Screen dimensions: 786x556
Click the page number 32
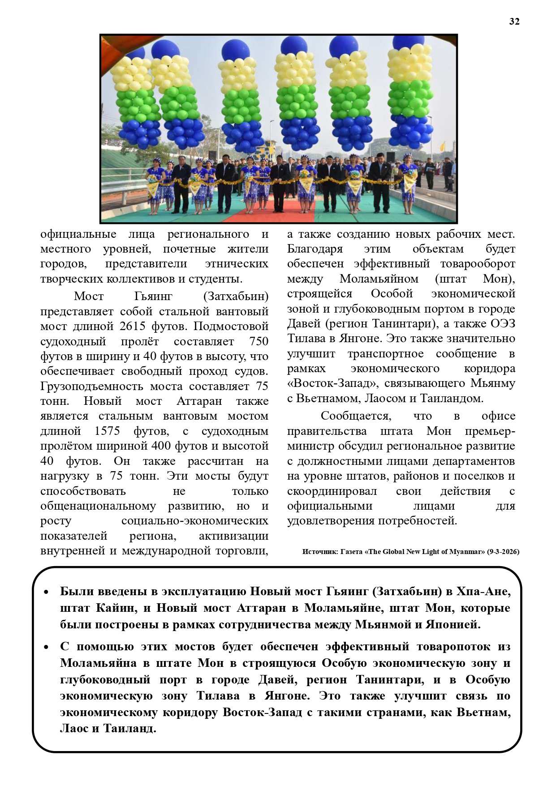coord(514,21)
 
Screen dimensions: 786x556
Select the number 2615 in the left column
coord(132,326)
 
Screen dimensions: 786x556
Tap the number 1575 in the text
coord(107,431)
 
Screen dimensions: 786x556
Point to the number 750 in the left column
coord(259,341)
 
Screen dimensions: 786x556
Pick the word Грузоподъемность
coord(92,386)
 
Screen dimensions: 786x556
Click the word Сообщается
coord(356,416)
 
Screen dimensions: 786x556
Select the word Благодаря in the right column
coord(315,249)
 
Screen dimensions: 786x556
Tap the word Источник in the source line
coord(319,552)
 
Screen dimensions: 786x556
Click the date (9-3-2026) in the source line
coord(503,552)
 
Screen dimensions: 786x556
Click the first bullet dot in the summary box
coord(46,592)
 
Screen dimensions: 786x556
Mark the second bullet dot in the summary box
coord(46,647)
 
